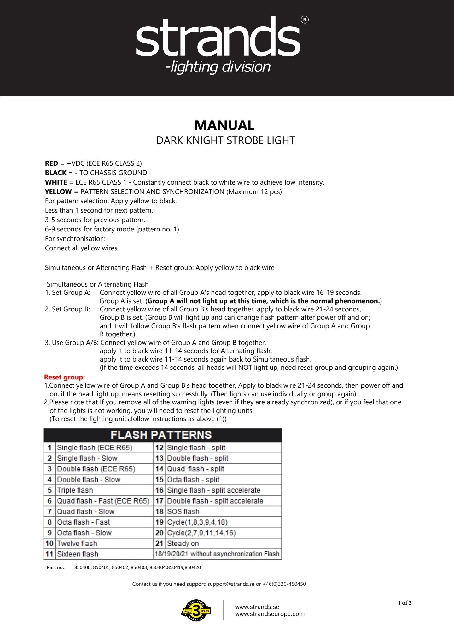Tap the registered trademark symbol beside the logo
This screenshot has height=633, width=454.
coord(305,20)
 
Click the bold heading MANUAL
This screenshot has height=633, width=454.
coord(224,125)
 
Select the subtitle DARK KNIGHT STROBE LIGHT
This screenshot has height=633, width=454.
coord(225,140)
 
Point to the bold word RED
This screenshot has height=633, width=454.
coord(51,163)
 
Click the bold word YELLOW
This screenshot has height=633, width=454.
coord(58,192)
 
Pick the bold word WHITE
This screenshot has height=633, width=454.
coord(56,182)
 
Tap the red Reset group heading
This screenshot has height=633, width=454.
coord(64,377)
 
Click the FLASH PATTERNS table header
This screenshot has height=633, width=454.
coord(161,435)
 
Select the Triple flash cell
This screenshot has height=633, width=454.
coord(75,490)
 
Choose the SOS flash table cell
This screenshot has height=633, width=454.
coord(183,511)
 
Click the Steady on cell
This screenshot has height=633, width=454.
coord(183,543)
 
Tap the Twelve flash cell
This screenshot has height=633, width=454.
coord(77,543)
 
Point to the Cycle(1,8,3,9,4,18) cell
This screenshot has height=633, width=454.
coord(197,522)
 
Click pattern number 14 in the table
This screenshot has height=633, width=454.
coord(159,469)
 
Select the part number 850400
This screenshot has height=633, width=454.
coord(83,567)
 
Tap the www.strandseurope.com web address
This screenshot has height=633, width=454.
coord(270,614)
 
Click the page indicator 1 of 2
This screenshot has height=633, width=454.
coord(405,603)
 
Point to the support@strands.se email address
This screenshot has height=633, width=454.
coord(231,584)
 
